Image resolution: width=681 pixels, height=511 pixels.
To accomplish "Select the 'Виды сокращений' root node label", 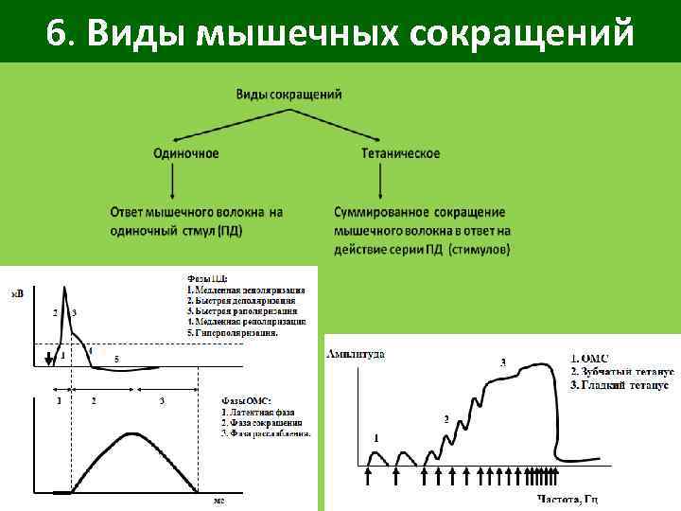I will (x=288, y=95).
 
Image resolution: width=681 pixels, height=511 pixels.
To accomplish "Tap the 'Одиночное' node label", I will (x=186, y=153).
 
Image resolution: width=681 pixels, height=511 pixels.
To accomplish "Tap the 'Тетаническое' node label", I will (x=401, y=153).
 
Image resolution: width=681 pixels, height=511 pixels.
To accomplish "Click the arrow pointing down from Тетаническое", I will (x=380, y=180).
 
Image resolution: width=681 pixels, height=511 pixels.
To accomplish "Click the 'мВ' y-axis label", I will (x=17, y=295).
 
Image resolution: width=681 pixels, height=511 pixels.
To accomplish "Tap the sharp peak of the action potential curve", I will (x=63, y=286).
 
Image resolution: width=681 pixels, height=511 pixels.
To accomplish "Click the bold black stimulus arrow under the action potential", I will (x=48, y=358).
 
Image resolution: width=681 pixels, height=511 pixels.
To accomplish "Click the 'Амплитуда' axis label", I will (x=355, y=354).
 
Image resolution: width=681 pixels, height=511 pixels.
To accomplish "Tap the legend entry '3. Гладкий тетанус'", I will (x=620, y=386).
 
